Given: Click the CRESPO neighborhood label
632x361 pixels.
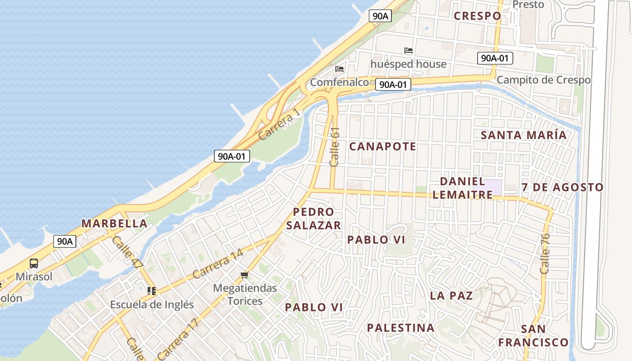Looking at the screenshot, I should [x=477, y=16].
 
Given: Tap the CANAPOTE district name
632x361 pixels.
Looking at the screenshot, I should [x=382, y=147].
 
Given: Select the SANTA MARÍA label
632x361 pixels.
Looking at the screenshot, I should [x=523, y=135].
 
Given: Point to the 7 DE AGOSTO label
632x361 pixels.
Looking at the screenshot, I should [x=562, y=187].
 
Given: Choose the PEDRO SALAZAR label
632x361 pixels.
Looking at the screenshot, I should [x=313, y=219].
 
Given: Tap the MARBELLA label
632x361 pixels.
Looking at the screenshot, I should [x=114, y=223].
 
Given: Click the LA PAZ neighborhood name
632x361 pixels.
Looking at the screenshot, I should [x=451, y=296].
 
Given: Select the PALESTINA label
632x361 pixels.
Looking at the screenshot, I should [x=400, y=328].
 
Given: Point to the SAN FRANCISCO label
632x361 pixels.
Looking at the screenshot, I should [x=533, y=336].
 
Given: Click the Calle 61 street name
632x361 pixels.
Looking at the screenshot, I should [x=335, y=147].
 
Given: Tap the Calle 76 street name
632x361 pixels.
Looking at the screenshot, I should [x=545, y=253].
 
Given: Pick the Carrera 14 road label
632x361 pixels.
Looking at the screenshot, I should [x=218, y=264].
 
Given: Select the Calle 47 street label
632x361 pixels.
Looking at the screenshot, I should [x=128, y=253].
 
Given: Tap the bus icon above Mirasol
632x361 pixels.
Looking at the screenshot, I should [x=34, y=264].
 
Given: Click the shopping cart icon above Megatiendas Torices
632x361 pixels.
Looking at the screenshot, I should [x=244, y=275].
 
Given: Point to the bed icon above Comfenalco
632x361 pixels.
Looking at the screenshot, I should [x=339, y=69].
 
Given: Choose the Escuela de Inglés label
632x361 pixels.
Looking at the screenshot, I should [x=152, y=305].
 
